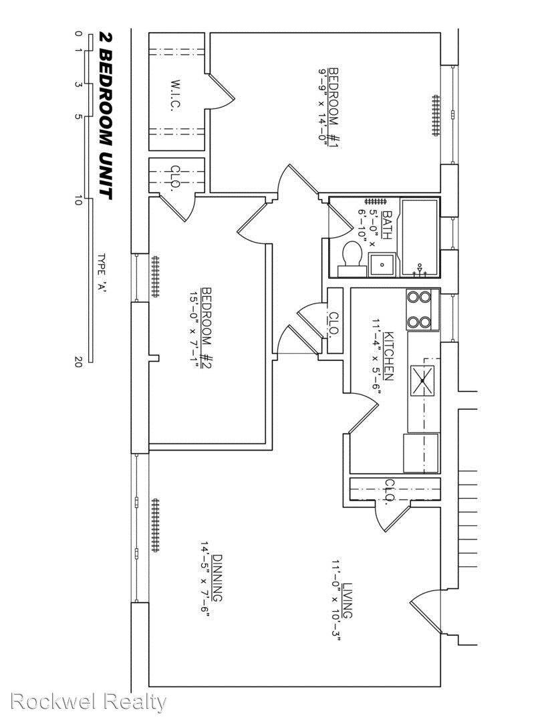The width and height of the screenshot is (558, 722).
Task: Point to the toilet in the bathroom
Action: pos(352,259)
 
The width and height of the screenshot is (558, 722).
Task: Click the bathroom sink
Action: pos(382,265)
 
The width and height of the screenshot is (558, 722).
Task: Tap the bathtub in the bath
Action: pos(420,237)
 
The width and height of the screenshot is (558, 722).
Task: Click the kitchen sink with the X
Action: pos(422,380)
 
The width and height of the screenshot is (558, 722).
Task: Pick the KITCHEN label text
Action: pos(388,356)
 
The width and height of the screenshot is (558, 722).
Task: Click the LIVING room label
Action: pos(347,601)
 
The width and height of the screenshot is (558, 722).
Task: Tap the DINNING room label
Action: pos(217,579)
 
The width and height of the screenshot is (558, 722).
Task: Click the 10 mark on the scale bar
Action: pos(78,201)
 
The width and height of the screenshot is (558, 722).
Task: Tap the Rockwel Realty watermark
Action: pos(88,702)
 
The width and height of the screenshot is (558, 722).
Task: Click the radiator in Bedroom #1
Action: pos(436,116)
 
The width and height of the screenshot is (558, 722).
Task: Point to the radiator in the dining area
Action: pos(156,525)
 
